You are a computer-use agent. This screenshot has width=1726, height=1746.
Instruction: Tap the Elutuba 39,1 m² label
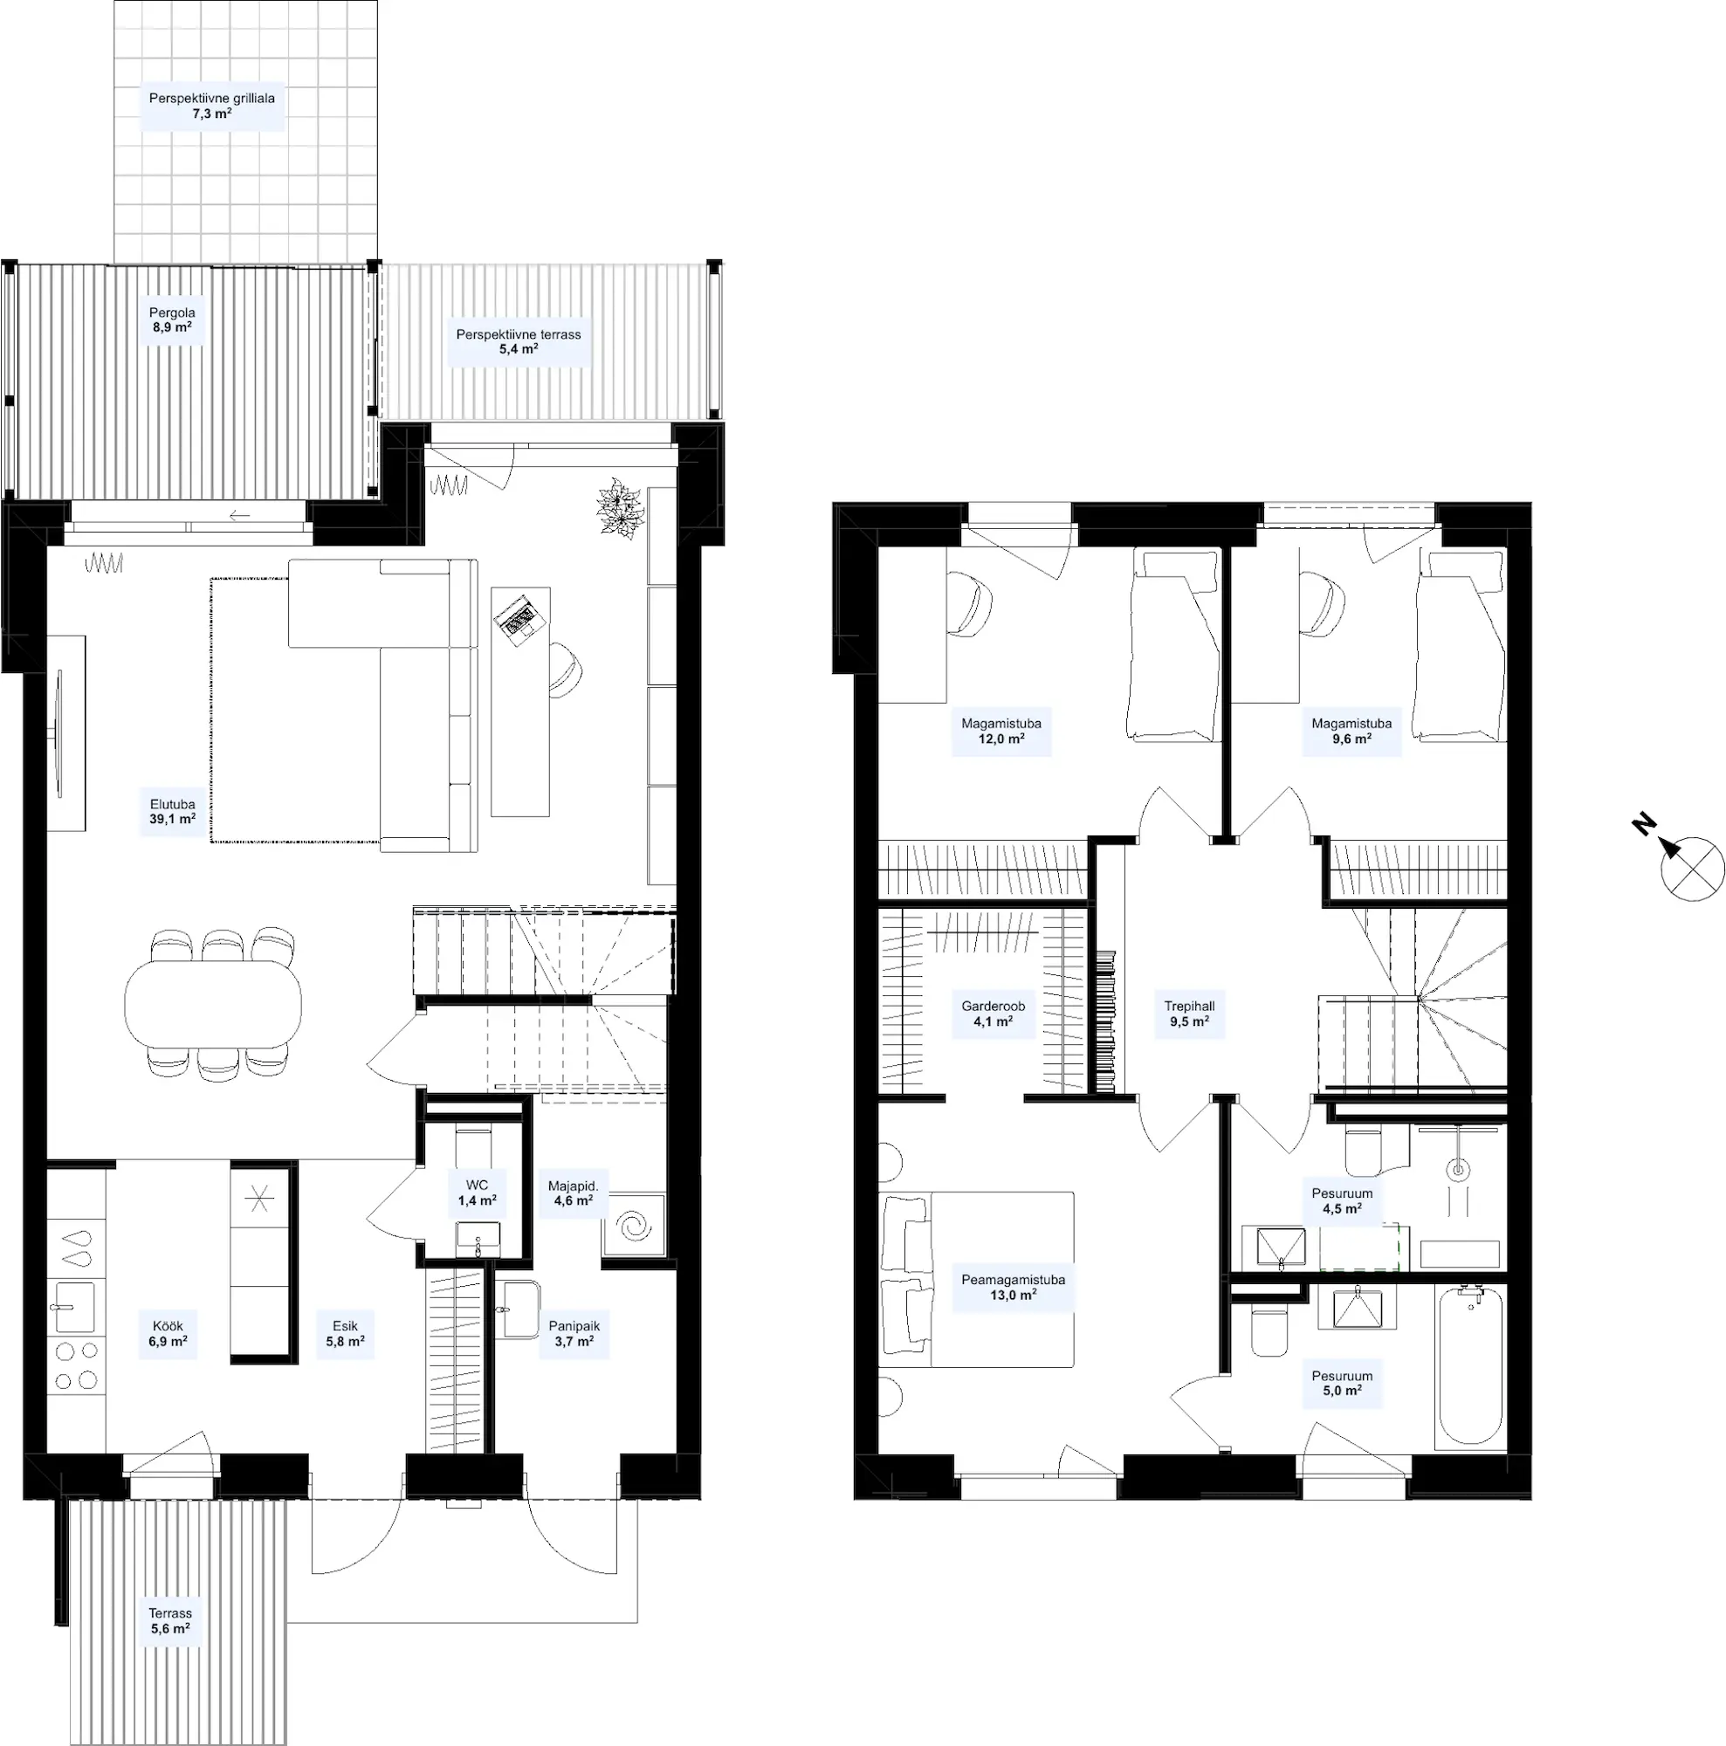(x=173, y=812)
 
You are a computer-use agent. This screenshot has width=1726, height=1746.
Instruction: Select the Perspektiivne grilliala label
(x=211, y=98)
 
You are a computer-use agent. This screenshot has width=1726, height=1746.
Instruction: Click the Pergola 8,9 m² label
(x=172, y=320)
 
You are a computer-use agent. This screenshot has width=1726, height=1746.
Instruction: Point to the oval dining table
(x=213, y=1002)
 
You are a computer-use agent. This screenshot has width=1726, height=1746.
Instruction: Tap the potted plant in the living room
(x=621, y=508)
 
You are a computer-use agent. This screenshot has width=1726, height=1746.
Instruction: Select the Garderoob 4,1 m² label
(x=993, y=1013)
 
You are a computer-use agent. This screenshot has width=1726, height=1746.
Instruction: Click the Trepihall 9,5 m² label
(x=1189, y=1013)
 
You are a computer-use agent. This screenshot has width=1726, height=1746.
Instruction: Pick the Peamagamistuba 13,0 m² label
(x=1013, y=1287)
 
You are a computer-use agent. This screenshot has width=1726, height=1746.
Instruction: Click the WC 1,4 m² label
(x=478, y=1193)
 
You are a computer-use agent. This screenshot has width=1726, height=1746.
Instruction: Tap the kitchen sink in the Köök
(x=72, y=1306)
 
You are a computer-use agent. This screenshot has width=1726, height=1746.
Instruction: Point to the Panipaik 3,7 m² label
(x=574, y=1334)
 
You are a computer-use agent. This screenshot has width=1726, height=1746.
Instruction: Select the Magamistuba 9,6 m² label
(x=1351, y=730)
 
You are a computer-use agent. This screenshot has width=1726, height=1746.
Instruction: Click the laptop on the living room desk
(x=521, y=618)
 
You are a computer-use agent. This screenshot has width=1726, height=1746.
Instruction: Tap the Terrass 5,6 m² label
(x=170, y=1620)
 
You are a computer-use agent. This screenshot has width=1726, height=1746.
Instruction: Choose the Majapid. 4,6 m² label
(x=574, y=1193)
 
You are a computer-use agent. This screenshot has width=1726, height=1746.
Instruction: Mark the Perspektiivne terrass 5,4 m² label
(x=519, y=340)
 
